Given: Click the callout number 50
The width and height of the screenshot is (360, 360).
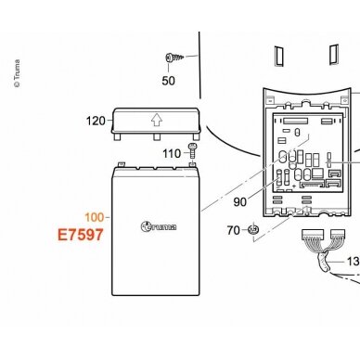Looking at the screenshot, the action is coord(168,81).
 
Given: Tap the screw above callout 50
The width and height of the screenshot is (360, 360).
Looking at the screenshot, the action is coord(174,58).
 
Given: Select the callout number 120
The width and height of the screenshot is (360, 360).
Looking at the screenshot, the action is coord(96,121).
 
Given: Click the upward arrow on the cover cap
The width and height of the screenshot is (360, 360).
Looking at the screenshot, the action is coord(157,120).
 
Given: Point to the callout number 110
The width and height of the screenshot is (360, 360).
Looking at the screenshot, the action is coord(172,153).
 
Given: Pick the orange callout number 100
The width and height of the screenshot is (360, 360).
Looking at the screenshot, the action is coord(95,217).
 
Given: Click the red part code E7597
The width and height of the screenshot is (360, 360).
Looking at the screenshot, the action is coord(81,235).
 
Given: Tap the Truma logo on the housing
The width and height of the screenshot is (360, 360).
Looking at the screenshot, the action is coord(159,226).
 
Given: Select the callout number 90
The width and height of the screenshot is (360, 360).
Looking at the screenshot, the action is coord(240,202).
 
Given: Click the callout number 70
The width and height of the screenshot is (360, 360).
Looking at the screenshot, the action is coord(233,230).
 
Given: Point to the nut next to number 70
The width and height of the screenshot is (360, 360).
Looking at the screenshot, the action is coord(253,230).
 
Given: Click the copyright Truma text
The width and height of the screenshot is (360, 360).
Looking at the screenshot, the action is coord(17,73).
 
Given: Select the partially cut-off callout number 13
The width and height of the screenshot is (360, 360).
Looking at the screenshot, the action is coord(354,262).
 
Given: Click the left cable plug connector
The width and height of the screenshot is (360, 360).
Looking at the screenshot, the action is coord(313,234).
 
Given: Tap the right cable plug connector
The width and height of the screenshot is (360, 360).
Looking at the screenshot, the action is coord(338,234).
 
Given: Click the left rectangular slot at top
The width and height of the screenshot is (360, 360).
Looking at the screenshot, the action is coord(279,56).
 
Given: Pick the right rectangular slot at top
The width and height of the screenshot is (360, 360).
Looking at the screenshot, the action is coord(334,55).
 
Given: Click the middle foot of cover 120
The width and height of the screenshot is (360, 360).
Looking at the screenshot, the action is coord(157,136).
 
